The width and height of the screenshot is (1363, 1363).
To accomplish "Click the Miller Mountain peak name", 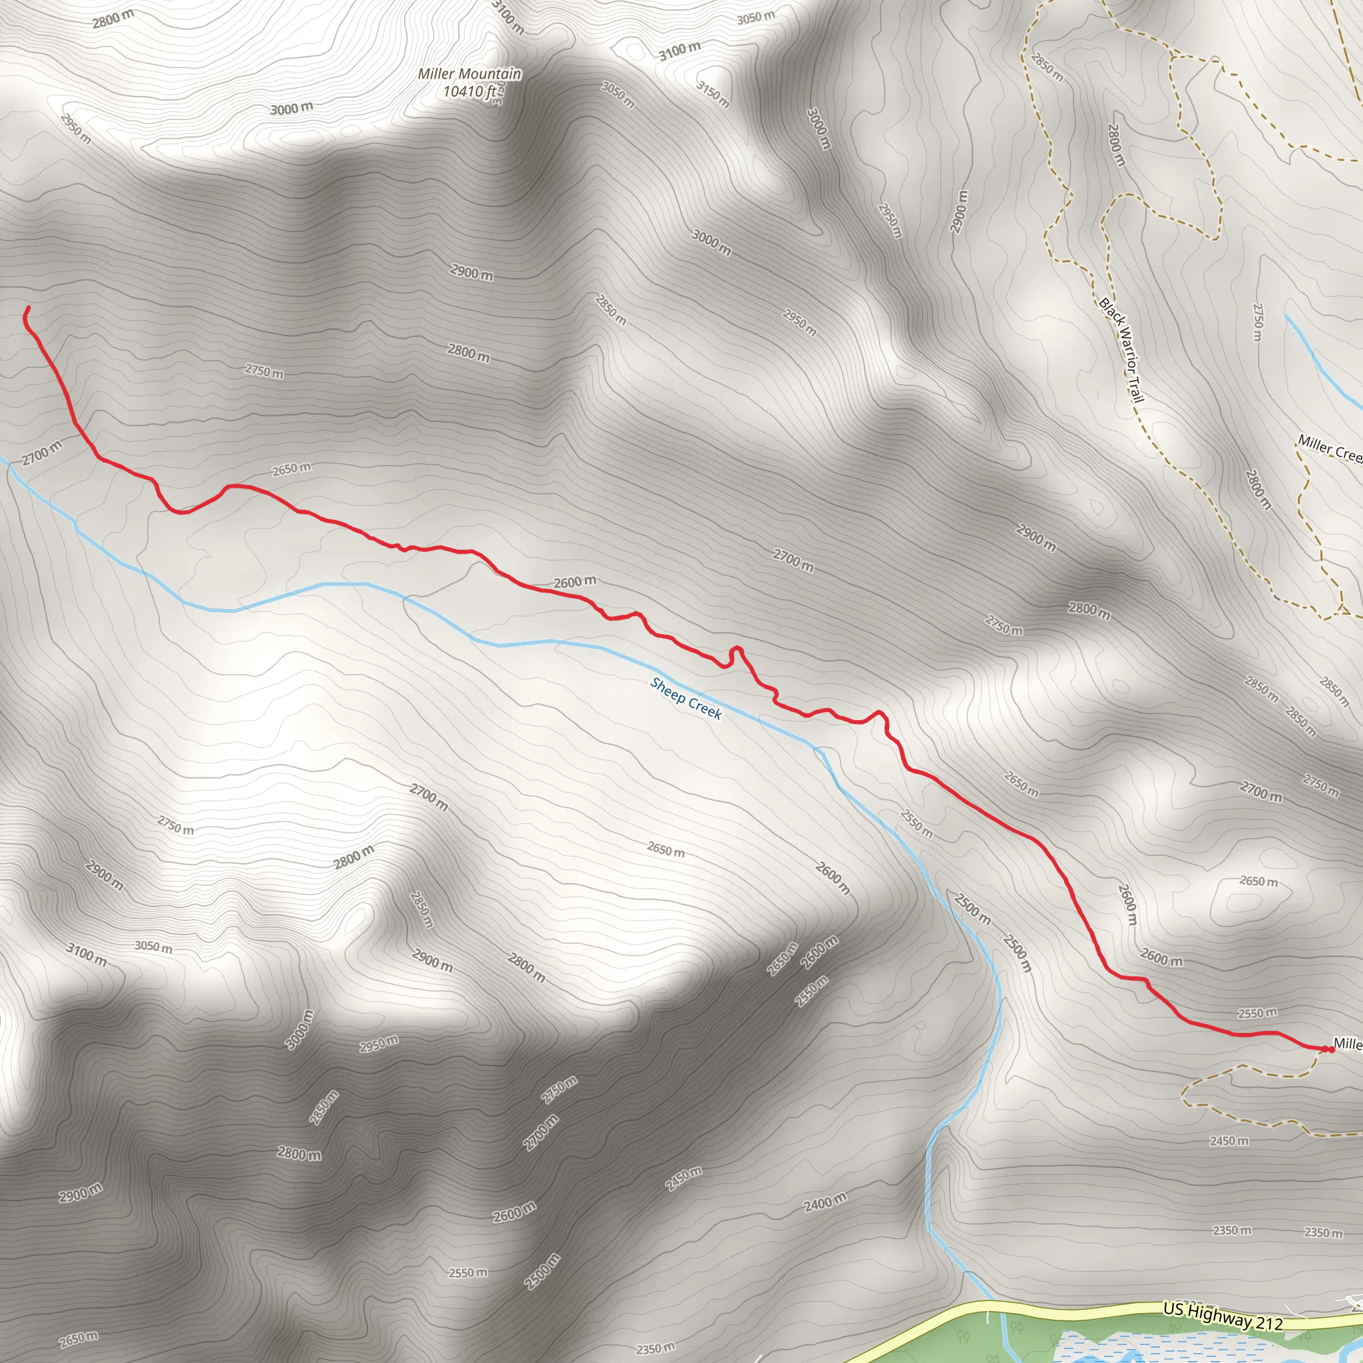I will click(x=469, y=74).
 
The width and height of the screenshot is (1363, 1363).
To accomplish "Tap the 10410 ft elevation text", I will click(x=469, y=91).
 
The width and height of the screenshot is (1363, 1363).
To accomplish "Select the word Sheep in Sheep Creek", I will click(x=668, y=691).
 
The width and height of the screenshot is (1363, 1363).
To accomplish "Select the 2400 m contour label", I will click(x=825, y=1201).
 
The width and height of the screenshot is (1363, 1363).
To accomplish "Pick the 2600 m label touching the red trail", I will click(x=574, y=582).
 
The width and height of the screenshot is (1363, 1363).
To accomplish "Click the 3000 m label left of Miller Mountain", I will click(x=292, y=108).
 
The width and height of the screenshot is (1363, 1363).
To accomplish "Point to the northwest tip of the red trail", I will click(x=28, y=307).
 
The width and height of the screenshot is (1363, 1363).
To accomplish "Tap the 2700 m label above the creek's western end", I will click(x=42, y=452).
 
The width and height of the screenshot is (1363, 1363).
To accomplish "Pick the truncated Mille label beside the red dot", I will click(x=1348, y=1044).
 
